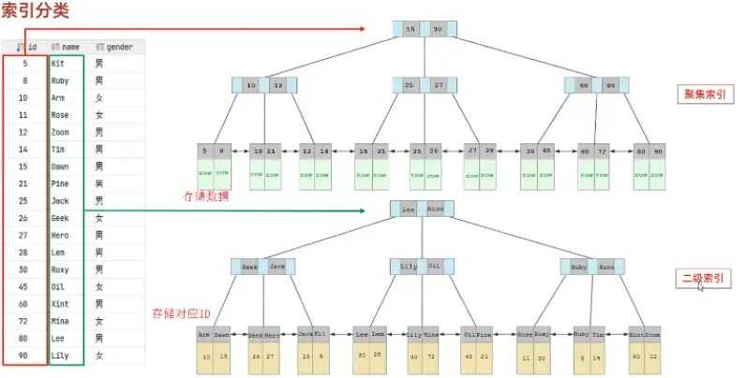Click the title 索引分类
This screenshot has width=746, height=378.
(x=36, y=12)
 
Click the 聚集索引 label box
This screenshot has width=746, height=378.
(x=703, y=94)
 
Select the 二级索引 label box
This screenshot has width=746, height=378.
(x=702, y=279)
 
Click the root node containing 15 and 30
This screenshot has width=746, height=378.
(x=424, y=30)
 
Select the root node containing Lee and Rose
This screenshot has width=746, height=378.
(x=423, y=211)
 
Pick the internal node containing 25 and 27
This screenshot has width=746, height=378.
(x=424, y=85)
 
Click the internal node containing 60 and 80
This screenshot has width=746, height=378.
(x=597, y=85)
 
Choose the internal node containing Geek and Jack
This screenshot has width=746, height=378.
(x=263, y=267)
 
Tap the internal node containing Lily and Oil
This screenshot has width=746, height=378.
(x=422, y=267)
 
